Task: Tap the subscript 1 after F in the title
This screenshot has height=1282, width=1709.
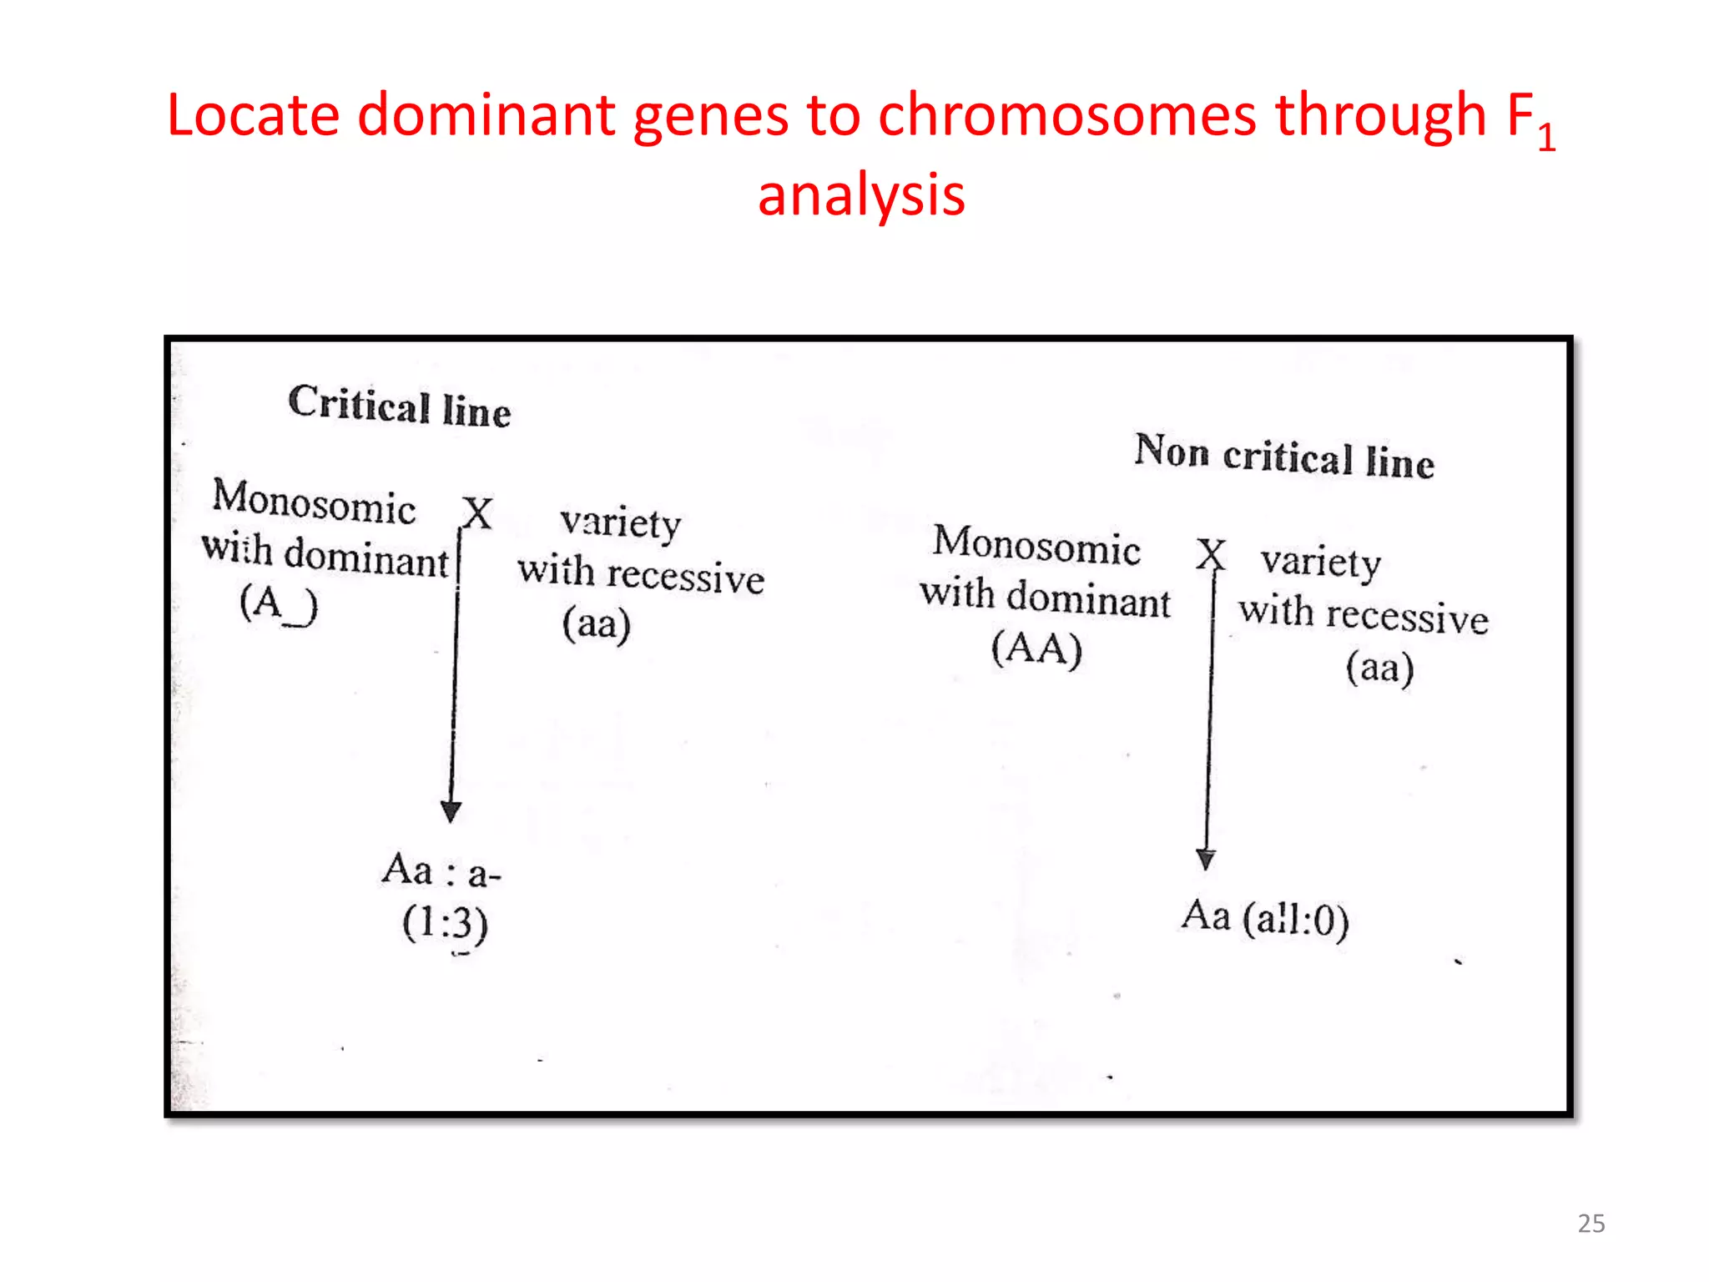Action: pos(1546,137)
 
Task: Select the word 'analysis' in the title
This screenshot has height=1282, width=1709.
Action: pos(861,195)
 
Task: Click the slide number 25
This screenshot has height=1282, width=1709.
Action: pos(1591,1224)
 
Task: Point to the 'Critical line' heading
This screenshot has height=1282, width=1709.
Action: pos(399,406)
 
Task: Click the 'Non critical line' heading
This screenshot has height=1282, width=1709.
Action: pos(1284,457)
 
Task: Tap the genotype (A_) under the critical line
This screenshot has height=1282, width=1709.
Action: pos(279,603)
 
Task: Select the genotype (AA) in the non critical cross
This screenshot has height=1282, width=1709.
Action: pos(1036,649)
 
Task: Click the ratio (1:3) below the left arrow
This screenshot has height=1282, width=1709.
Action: pos(445,924)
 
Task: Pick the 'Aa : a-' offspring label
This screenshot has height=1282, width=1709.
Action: pos(441,871)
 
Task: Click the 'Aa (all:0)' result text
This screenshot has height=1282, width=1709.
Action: pos(1265,918)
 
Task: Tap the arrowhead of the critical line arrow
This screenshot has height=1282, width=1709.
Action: pos(451,811)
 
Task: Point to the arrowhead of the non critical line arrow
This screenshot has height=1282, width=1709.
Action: pos(1206,859)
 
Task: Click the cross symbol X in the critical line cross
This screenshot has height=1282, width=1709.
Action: pos(478,512)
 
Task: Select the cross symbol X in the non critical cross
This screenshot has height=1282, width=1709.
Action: pos(1211,553)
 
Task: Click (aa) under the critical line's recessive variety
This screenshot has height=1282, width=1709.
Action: pos(596,624)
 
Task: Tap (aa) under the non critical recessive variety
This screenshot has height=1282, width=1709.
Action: pos(1379,668)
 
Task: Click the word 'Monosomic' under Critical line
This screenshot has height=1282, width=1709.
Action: pos(314,502)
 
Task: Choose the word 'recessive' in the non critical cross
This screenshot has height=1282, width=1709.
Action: pos(1407,617)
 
